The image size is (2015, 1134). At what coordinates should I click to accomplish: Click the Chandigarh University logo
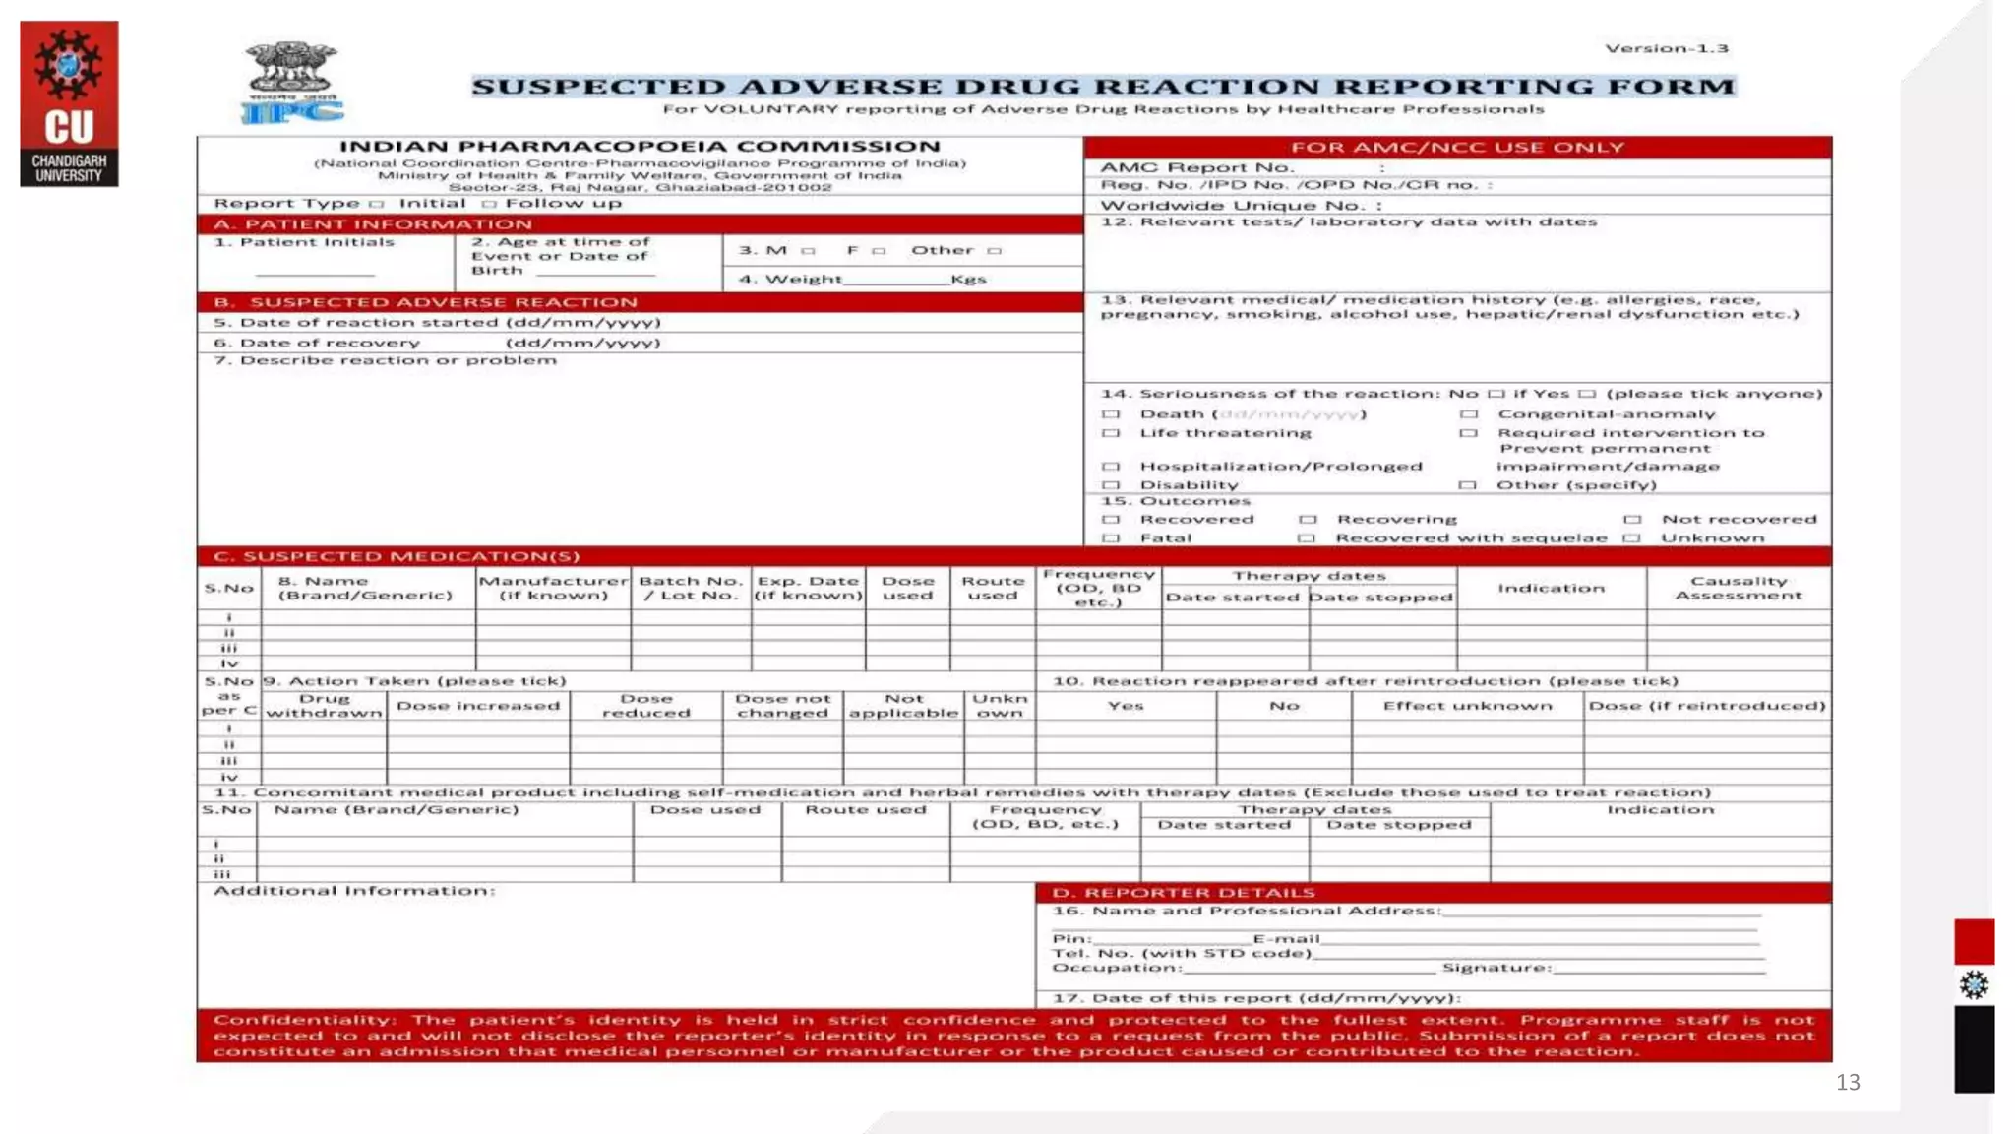(69, 103)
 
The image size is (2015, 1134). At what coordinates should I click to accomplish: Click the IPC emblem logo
(291, 83)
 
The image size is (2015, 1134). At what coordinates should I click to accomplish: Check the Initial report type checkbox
(376, 204)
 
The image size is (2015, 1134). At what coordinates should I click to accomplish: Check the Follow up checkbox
(489, 204)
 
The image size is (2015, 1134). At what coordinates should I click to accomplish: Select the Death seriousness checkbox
(1111, 414)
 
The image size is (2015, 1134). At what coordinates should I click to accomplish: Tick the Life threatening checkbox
(1111, 433)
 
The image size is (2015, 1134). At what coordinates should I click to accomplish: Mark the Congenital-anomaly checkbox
(1468, 414)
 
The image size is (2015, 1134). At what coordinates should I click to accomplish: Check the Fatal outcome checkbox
(1111, 538)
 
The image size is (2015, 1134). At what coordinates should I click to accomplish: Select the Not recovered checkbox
(1632, 519)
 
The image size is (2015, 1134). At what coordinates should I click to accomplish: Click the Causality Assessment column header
(1739, 588)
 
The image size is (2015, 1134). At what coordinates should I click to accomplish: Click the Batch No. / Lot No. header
(690, 588)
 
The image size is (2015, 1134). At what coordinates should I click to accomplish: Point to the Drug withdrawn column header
(325, 705)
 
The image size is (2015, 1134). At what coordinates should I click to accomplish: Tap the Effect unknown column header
(1467, 706)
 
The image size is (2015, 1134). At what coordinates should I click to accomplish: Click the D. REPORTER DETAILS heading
(1184, 893)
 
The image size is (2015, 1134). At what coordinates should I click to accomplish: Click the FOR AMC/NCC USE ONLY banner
(1457, 148)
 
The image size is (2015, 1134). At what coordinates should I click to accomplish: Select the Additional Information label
(354, 891)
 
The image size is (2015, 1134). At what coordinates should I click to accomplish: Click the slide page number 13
(1848, 1083)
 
